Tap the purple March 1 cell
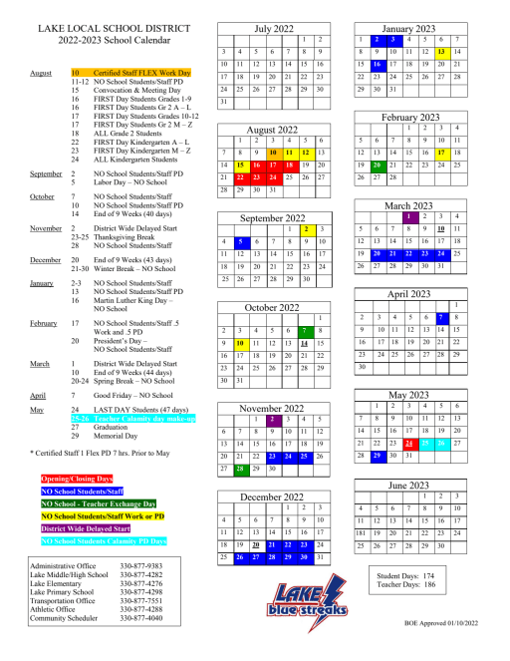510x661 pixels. [x=409, y=216]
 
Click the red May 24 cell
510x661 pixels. [x=409, y=413]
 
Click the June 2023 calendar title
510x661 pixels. [x=409, y=485]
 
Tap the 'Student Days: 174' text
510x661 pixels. [x=410, y=576]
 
